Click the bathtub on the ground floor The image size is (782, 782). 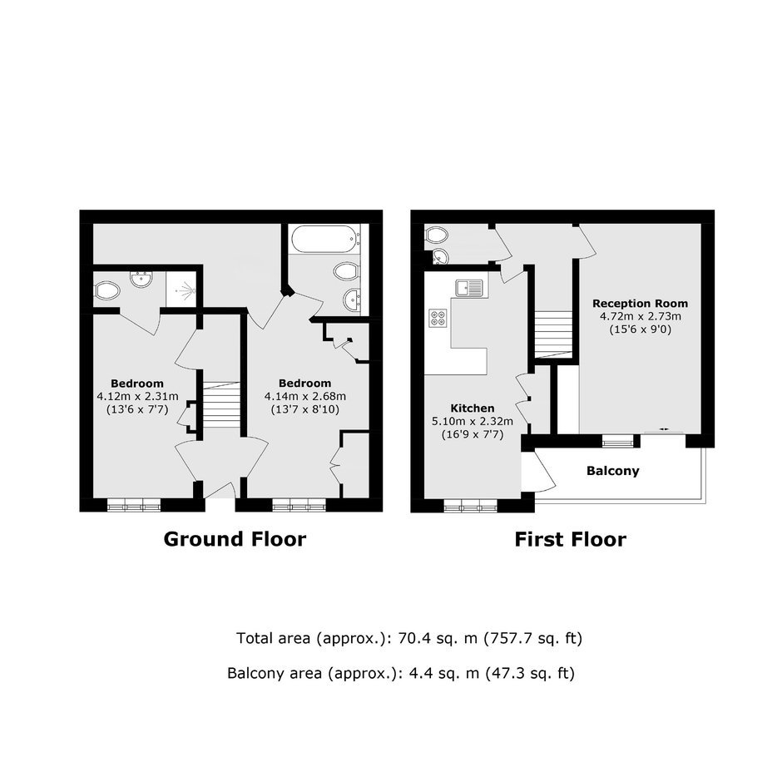tap(324, 239)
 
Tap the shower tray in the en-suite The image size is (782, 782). tap(183, 290)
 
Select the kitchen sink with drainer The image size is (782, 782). tap(469, 289)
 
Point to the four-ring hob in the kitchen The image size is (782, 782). tap(438, 318)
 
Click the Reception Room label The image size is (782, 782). tap(640, 303)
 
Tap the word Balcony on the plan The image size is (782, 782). tap(612, 471)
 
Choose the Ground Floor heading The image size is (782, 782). tap(235, 539)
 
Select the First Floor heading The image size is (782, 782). tap(570, 540)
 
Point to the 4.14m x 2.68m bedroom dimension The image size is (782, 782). tap(304, 397)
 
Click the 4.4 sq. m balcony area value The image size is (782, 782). tap(444, 674)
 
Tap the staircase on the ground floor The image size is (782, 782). tap(222, 404)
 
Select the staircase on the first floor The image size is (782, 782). tap(553, 334)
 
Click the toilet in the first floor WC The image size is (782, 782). tap(437, 235)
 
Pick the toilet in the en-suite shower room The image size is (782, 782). tap(107, 290)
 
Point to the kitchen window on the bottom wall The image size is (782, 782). tap(471, 506)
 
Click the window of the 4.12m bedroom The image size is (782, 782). tap(134, 505)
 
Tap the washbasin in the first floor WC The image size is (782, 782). tap(441, 256)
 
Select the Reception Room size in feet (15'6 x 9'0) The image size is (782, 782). tap(641, 329)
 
